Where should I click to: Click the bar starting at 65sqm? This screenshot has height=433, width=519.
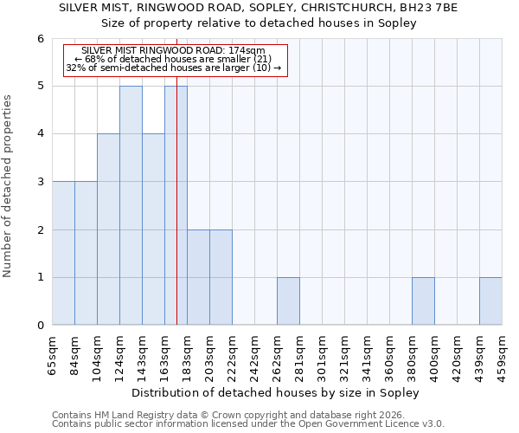coord(63,253)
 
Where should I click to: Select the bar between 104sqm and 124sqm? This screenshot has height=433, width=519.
coord(108,229)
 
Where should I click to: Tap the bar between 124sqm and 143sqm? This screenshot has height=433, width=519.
coord(131,205)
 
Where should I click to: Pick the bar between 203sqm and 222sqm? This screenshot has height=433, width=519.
coord(221,277)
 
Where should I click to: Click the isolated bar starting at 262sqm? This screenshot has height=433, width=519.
coord(288,301)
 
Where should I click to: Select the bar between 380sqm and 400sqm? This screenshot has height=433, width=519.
coord(423,301)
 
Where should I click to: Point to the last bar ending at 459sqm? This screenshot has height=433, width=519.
coord(490,301)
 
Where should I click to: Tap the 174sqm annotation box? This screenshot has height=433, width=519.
coord(174,60)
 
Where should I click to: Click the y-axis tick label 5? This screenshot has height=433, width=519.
coord(41,87)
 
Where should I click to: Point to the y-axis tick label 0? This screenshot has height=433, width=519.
coord(41,326)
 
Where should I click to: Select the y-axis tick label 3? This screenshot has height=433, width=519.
coord(41,182)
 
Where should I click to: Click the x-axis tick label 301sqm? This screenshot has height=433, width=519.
coord(322,355)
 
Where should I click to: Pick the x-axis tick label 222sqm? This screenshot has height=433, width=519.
coord(232,355)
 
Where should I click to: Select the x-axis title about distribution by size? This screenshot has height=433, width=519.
coord(277,393)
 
